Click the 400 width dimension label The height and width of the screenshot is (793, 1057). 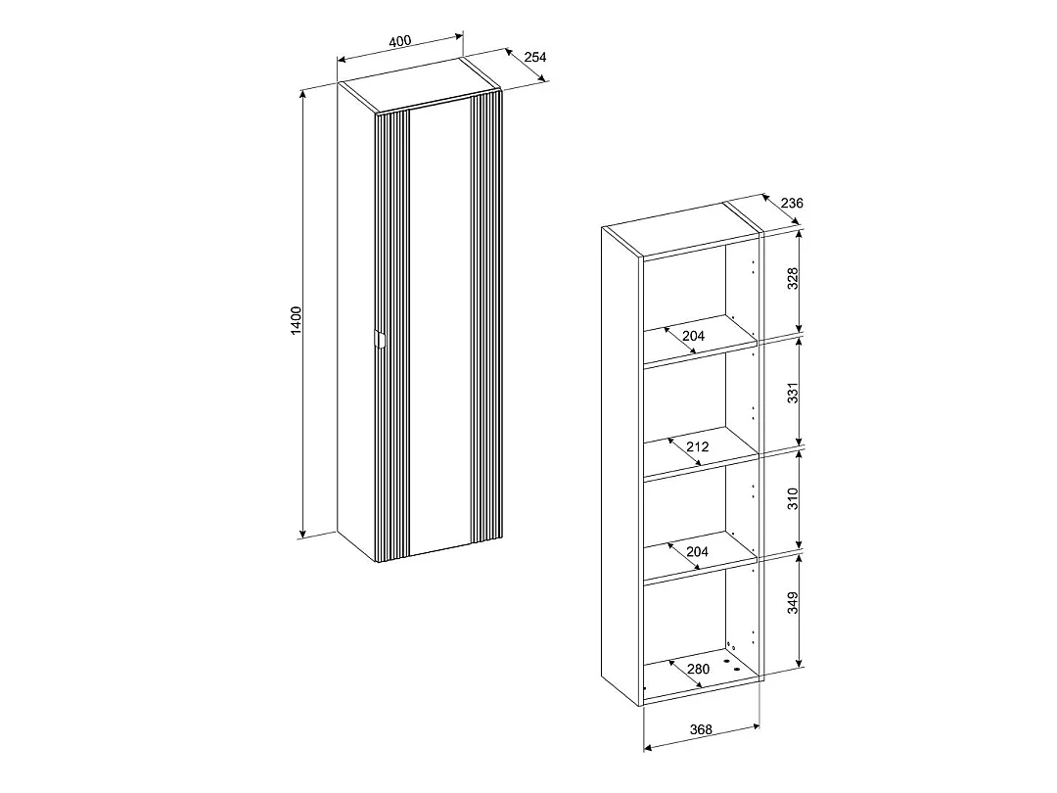coord(399,40)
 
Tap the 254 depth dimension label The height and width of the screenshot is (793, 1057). coord(534,57)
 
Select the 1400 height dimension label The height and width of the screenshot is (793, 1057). coord(296,322)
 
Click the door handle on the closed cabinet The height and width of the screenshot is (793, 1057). coord(379,339)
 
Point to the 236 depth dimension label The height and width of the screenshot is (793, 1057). coord(792,203)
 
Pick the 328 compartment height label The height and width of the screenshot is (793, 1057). coord(793,278)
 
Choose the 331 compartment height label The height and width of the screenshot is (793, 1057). coord(793,393)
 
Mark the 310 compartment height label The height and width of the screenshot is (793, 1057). coord(793,499)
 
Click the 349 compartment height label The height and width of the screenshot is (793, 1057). coord(793,603)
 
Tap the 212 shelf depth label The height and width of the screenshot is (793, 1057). coord(698,446)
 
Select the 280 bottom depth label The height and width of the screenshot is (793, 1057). coord(699,669)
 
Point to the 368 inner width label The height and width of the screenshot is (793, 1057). coord(701,729)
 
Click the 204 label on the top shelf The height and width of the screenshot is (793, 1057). coord(693,335)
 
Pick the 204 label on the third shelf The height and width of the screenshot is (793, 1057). coord(697,551)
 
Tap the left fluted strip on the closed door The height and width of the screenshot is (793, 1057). coord(392,337)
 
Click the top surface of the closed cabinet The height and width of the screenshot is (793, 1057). coord(419,85)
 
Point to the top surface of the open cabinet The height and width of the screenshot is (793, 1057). coord(682,228)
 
